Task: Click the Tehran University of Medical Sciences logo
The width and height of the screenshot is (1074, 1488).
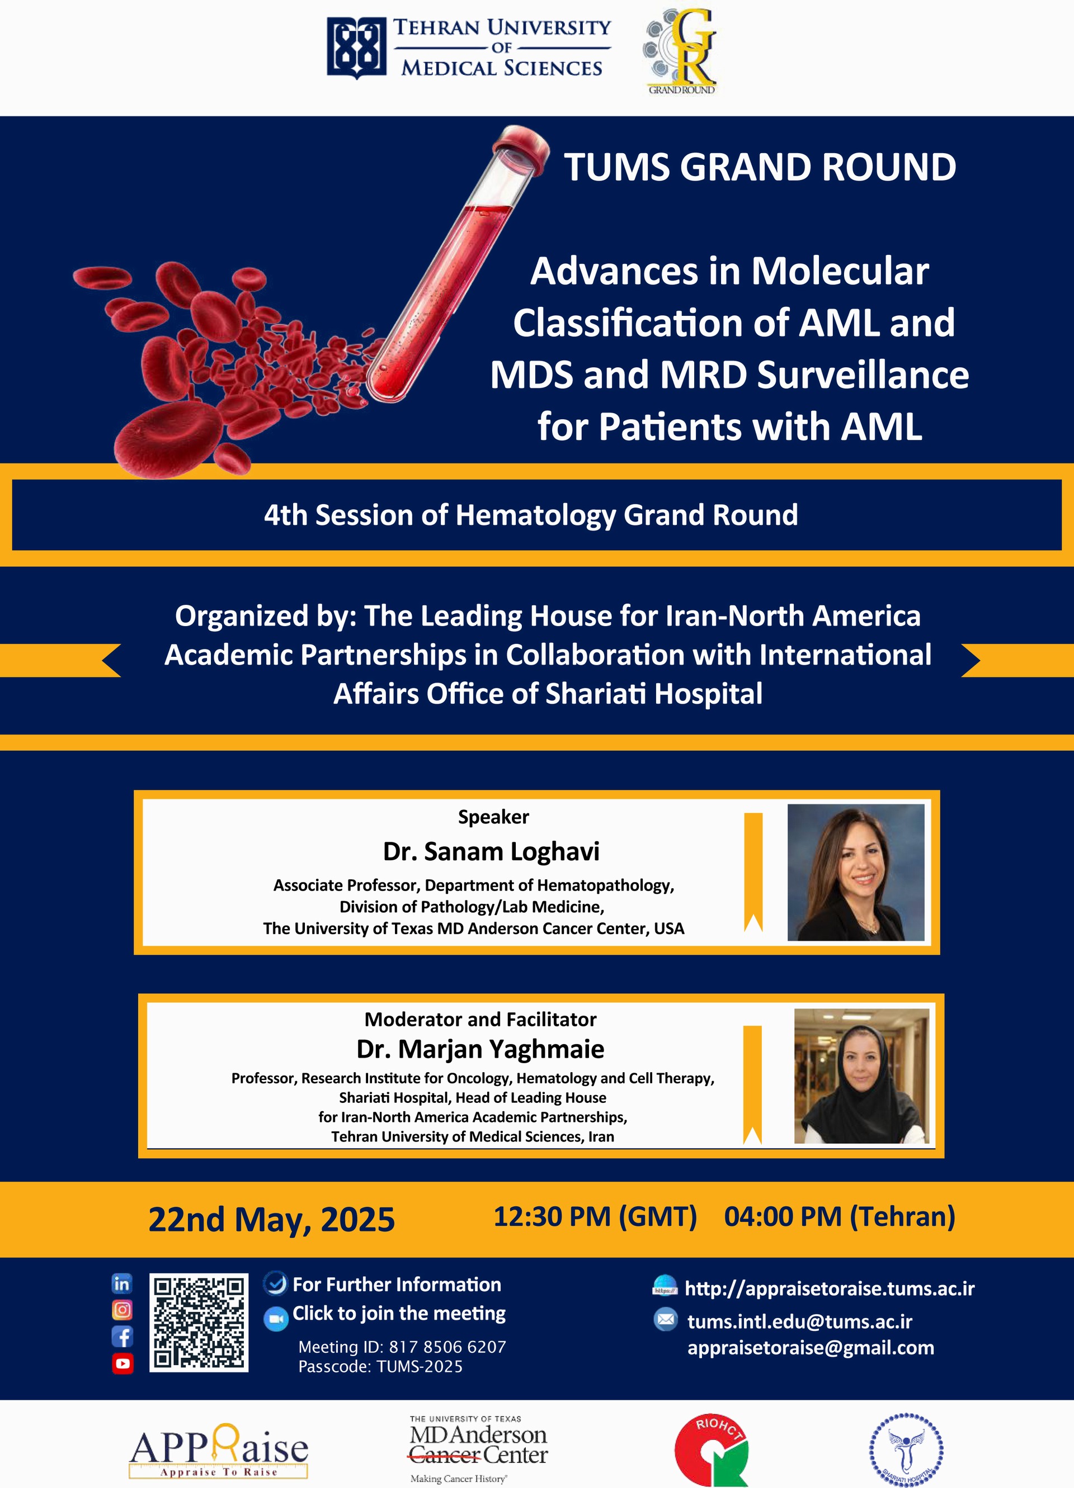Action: point(469,48)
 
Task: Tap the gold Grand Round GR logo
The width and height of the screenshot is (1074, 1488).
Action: point(680,51)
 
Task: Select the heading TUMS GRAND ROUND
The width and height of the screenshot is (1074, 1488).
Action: point(760,167)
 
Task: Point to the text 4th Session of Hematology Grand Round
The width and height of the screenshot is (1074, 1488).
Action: point(531,515)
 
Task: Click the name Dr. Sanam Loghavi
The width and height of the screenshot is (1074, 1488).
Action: point(491,851)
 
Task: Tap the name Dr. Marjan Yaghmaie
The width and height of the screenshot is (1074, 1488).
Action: point(480,1049)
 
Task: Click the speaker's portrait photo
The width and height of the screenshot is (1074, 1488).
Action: point(855,872)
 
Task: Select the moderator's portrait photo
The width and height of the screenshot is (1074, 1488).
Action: point(861,1076)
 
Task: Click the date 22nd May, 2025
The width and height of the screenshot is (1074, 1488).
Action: point(271,1220)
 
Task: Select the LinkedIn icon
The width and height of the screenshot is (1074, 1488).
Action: point(122,1283)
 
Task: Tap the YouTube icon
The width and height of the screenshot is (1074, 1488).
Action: point(123,1363)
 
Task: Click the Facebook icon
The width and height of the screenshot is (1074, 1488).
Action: point(122,1337)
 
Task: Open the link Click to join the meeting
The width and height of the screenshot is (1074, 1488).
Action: point(398,1313)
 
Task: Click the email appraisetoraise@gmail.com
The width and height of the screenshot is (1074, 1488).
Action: point(811,1348)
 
